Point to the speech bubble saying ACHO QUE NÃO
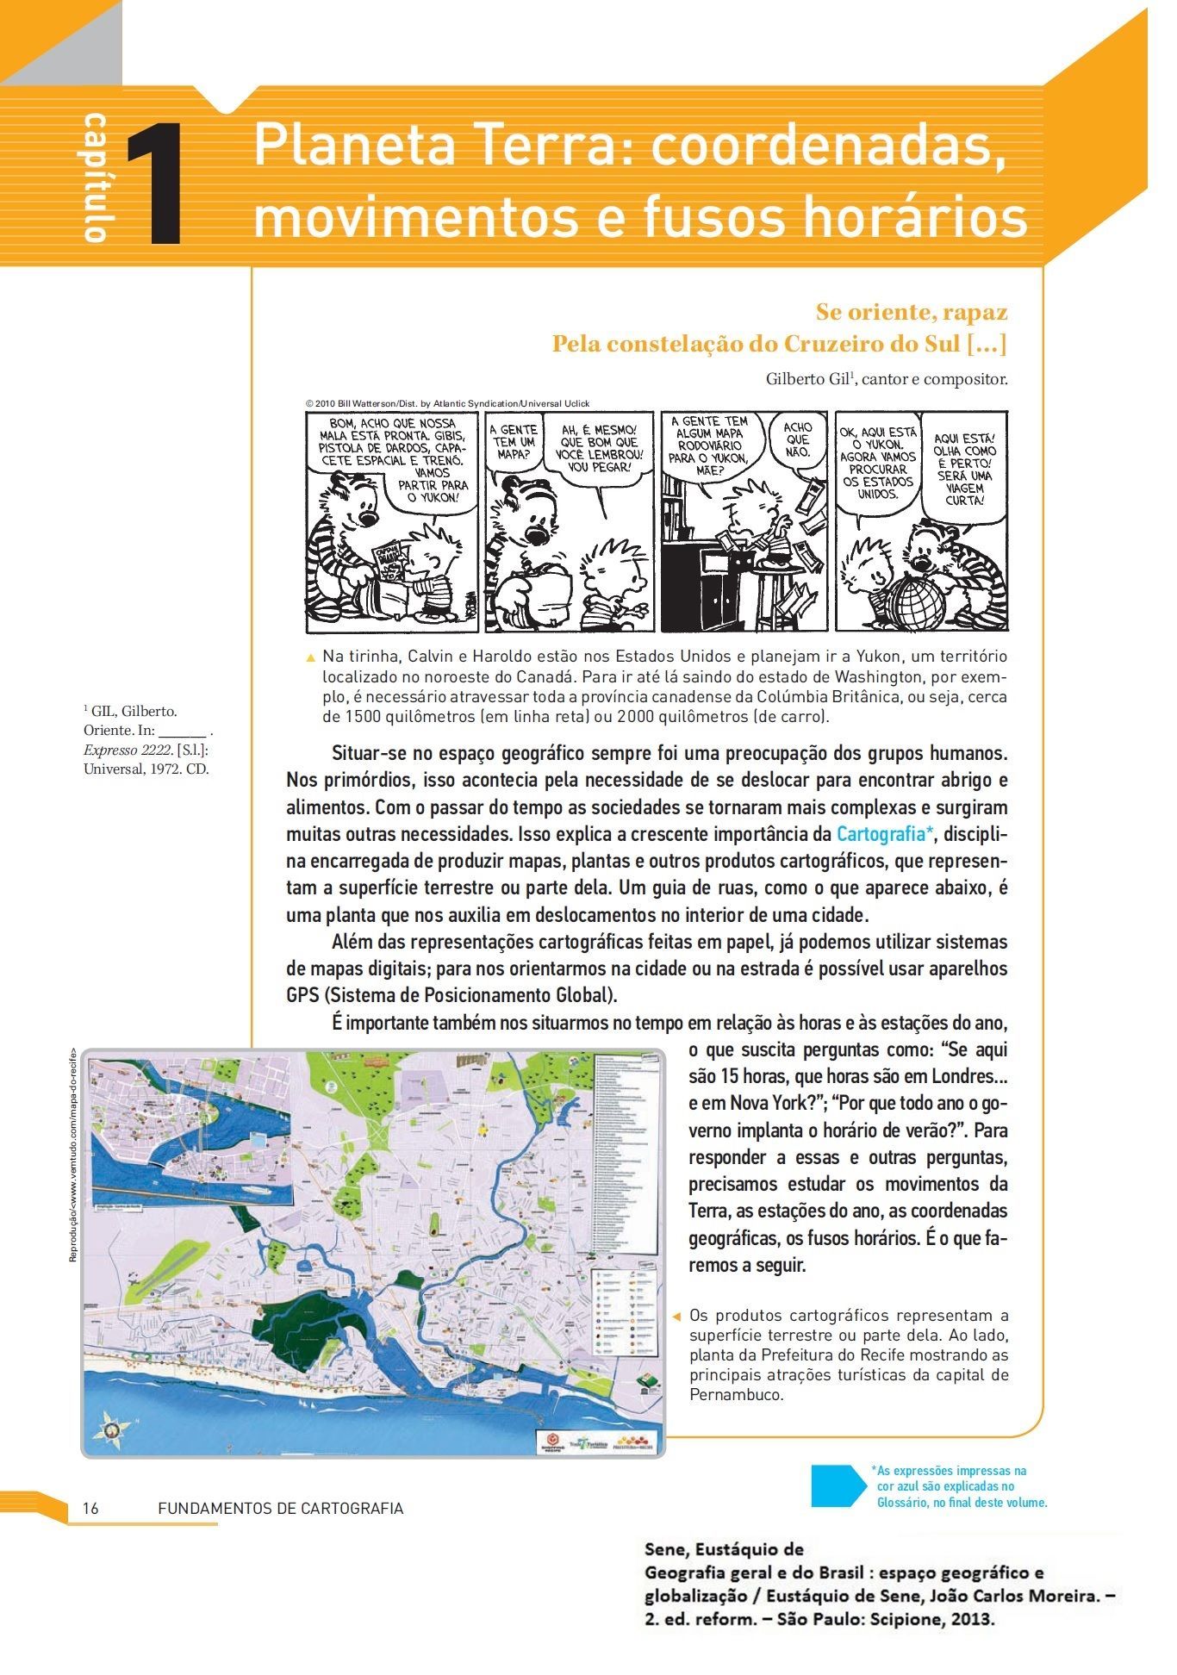pos(798,439)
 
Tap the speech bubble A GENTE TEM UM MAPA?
pos(513,441)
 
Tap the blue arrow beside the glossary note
pos(838,1486)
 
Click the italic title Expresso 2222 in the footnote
pos(127,750)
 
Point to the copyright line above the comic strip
pos(447,403)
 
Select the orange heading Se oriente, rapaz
pos(911,311)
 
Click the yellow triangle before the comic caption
pos(311,657)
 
